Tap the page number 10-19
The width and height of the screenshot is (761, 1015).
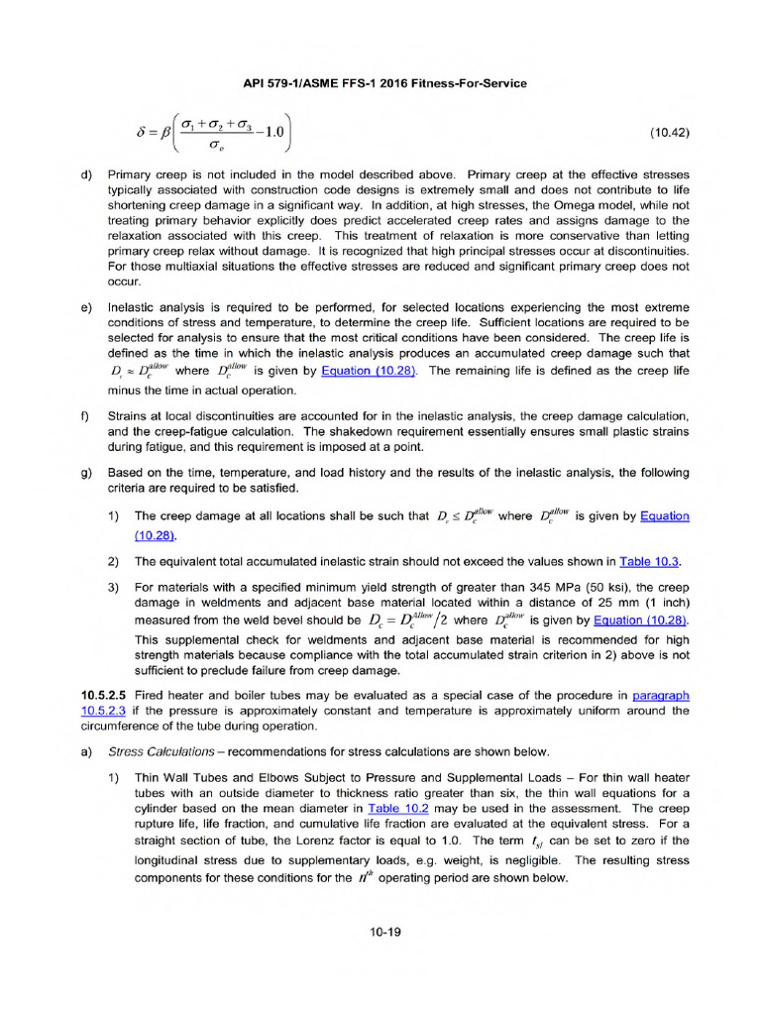[380, 932]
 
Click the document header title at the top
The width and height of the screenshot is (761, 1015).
[385, 83]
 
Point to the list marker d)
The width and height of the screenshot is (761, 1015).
[85, 174]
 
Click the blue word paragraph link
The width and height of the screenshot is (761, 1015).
[660, 696]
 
